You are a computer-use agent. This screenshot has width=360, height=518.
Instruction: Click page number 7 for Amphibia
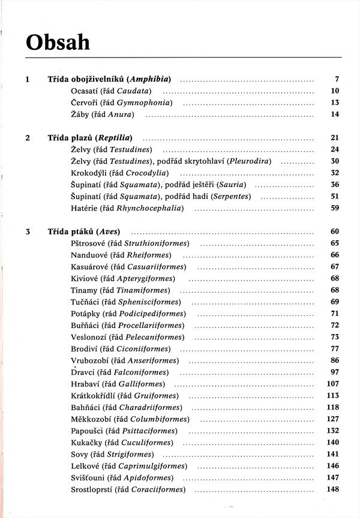tap(337, 79)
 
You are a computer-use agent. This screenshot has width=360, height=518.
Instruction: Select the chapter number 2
tap(28, 137)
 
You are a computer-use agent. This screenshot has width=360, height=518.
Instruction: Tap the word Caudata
tap(133, 91)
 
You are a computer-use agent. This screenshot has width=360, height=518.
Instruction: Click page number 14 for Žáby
tap(335, 114)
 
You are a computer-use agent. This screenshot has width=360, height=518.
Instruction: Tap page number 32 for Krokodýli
tap(335, 173)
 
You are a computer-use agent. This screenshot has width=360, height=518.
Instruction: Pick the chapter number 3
tap(28, 231)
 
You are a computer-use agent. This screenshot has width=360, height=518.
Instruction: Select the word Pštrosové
tap(88, 243)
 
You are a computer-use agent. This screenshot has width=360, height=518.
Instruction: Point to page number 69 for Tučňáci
tap(335, 302)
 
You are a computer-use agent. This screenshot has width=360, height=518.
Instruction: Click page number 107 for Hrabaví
tap(333, 384)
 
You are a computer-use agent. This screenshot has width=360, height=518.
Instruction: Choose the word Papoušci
tap(86, 430)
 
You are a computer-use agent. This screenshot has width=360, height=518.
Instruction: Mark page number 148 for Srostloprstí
tap(333, 489)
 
